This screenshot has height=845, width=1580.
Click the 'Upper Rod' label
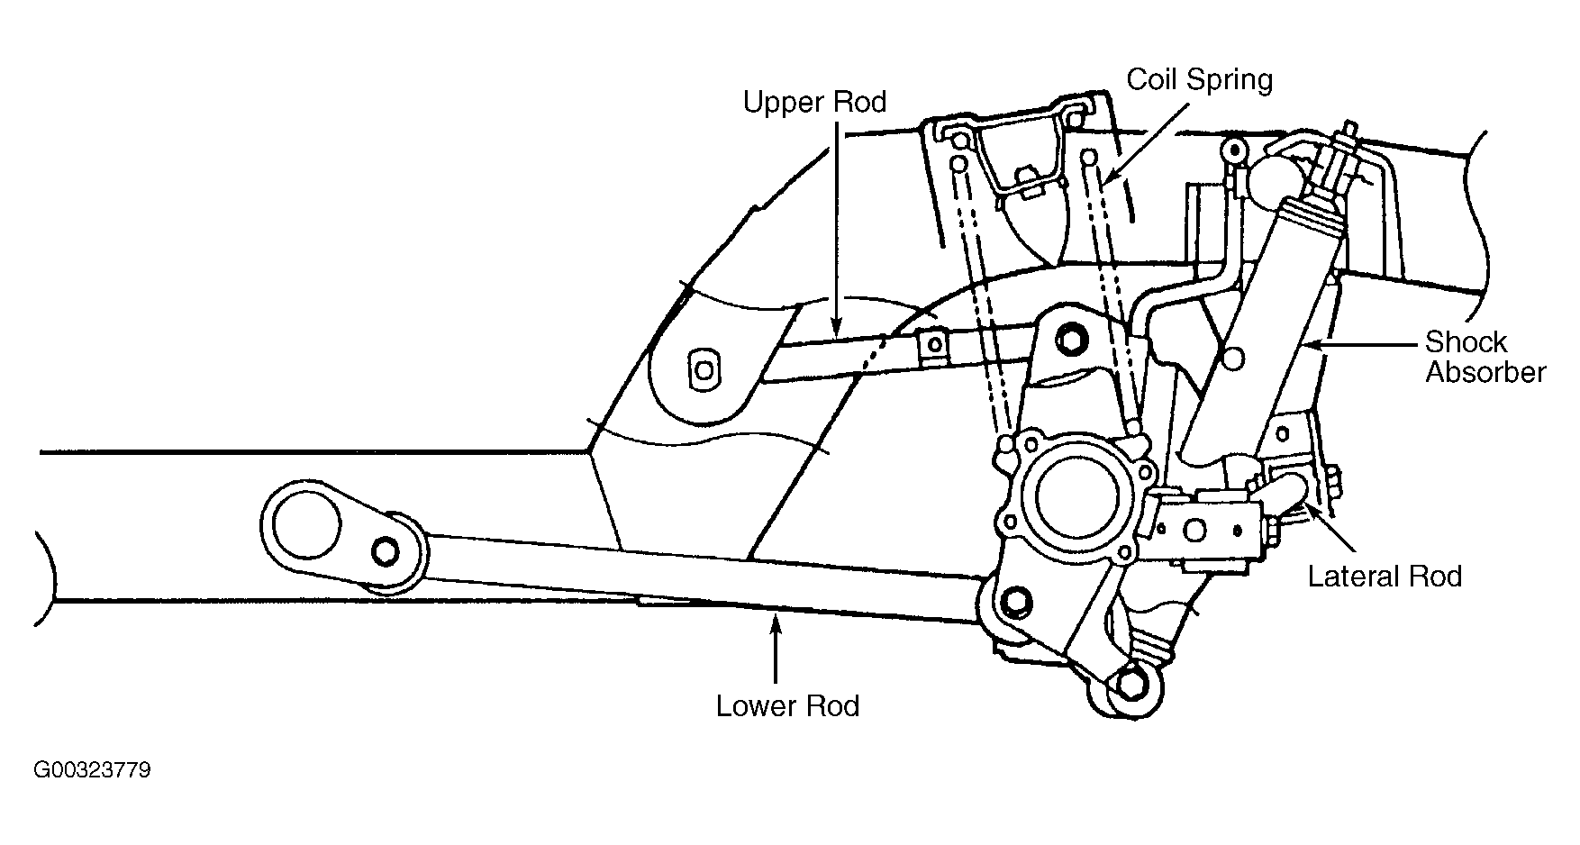(x=814, y=102)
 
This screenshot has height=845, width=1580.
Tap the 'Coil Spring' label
(x=1200, y=80)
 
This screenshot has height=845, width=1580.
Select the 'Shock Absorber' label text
(x=1485, y=357)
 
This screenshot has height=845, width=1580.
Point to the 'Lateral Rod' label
(x=1385, y=577)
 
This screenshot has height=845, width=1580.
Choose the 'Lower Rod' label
(x=787, y=705)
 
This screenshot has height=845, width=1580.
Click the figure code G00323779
(x=92, y=771)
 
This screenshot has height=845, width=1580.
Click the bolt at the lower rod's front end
(x=386, y=549)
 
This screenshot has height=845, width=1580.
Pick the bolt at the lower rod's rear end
(x=1016, y=602)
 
